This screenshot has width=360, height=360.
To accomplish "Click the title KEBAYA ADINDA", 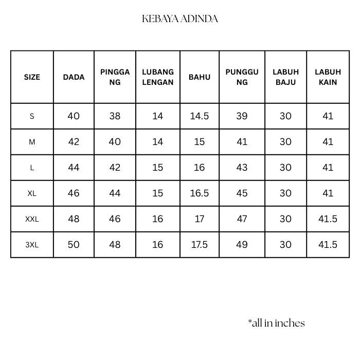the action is tap(180, 19).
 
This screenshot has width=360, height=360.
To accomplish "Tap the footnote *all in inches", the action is tap(276, 323).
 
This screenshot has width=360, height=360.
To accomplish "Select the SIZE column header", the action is tap(32, 77).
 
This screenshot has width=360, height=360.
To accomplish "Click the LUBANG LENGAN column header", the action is tap(158, 77).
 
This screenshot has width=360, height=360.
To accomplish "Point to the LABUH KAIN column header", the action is tap(328, 77).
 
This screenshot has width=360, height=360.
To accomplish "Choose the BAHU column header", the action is tap(200, 77).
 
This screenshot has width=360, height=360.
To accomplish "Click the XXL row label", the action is tap(32, 219).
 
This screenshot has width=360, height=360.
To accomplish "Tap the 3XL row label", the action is tap(32, 245).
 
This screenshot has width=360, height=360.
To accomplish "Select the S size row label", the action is tap(32, 116).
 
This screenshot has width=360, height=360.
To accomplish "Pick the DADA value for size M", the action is tap(74, 142).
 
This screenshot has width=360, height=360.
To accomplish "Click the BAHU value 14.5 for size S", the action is tap(200, 116).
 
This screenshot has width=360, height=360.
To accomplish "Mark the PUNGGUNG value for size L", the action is tap(242, 168).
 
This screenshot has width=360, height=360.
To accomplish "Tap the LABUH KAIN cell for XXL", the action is tap(328, 219).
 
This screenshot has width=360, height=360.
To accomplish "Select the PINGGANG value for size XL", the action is tap(115, 193).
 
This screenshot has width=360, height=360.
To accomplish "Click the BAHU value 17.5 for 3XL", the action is tap(200, 245).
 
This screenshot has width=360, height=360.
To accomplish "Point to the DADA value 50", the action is tap(74, 245).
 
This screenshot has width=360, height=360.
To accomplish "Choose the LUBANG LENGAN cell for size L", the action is tap(158, 168).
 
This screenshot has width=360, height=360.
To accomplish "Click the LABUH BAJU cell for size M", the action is tap(285, 142).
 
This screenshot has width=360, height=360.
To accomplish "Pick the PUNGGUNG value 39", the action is tap(242, 116).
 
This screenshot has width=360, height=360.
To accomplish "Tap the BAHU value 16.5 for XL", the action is tap(200, 193).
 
